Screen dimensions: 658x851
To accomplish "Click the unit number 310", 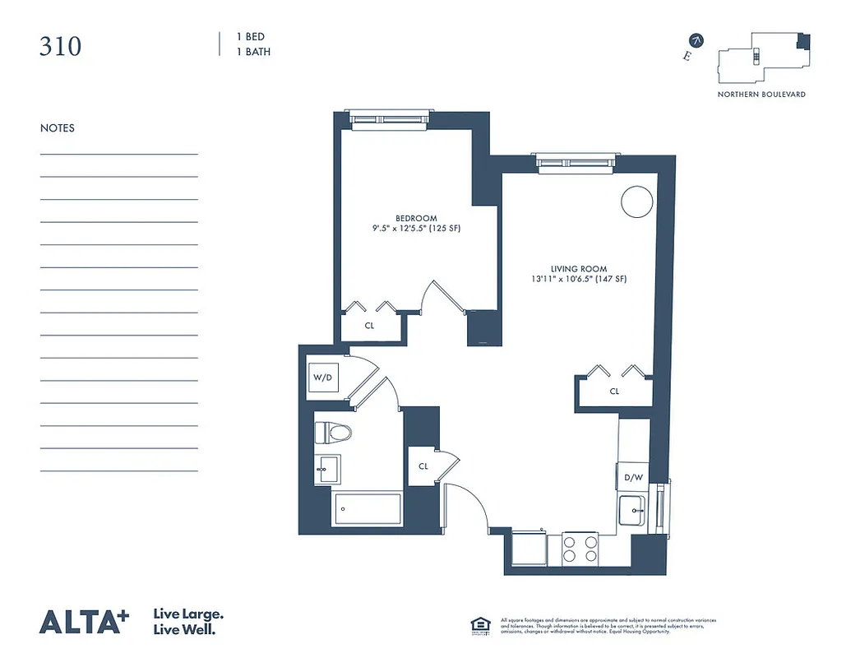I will click(61, 46).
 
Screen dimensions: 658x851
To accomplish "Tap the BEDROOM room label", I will click(416, 218).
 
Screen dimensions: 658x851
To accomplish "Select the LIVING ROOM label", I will click(579, 269).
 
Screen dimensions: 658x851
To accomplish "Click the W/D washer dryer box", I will click(321, 378).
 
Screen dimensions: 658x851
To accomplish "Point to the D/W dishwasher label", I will click(632, 476).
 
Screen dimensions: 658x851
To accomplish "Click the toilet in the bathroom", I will click(332, 432).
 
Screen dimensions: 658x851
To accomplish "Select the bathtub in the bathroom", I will click(368, 510).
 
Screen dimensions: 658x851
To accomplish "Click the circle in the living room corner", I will click(636, 201).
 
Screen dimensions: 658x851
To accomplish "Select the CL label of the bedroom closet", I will click(370, 326).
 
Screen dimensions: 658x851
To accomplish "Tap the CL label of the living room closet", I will click(614, 392).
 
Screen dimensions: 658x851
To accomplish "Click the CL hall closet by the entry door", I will click(423, 466).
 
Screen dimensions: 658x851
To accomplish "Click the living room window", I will click(575, 162).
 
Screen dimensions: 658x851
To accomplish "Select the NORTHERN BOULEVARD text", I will click(761, 95).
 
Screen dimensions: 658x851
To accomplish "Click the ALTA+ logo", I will click(85, 622).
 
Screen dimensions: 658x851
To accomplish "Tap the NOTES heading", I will click(58, 128).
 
